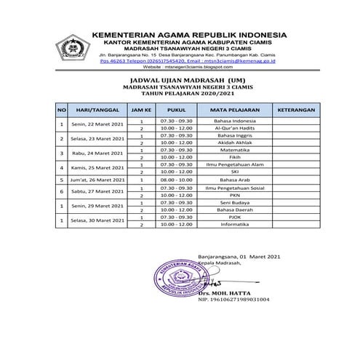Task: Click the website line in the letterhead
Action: (x=180, y=65)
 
